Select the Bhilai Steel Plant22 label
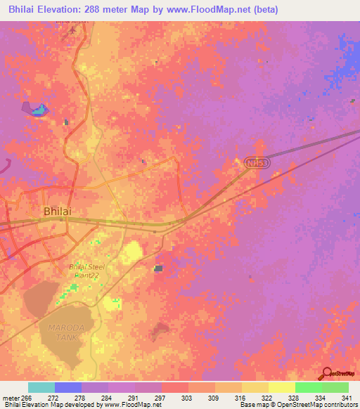[x=85, y=271]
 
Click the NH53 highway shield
[x=257, y=163]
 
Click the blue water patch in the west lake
[x=40, y=110]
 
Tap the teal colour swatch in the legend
[x=41, y=387]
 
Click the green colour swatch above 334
[x=308, y=387]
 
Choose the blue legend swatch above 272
[x=67, y=387]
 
